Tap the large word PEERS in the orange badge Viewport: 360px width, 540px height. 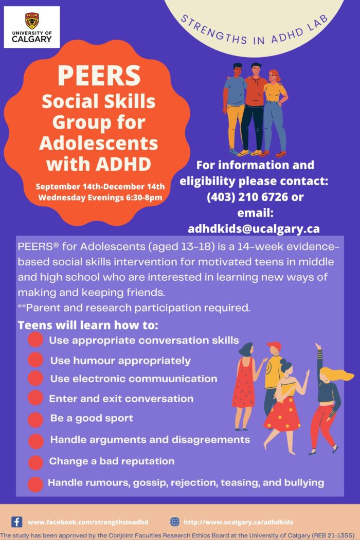[99, 76]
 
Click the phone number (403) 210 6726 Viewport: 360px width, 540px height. [247, 196]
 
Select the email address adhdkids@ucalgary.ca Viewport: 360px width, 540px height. [254, 229]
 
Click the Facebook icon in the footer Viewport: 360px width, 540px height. [16, 522]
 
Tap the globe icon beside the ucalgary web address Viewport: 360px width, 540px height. [175, 522]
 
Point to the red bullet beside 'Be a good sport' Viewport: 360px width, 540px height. [35, 420]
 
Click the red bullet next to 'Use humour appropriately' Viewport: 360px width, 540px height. [35, 360]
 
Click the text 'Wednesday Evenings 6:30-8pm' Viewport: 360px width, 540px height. [100, 197]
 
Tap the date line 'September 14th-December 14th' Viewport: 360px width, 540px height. [100, 186]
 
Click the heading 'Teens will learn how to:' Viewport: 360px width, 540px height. [88, 325]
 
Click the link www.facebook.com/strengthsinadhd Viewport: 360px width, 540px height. [88, 522]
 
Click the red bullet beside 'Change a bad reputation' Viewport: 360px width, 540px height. [35, 462]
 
